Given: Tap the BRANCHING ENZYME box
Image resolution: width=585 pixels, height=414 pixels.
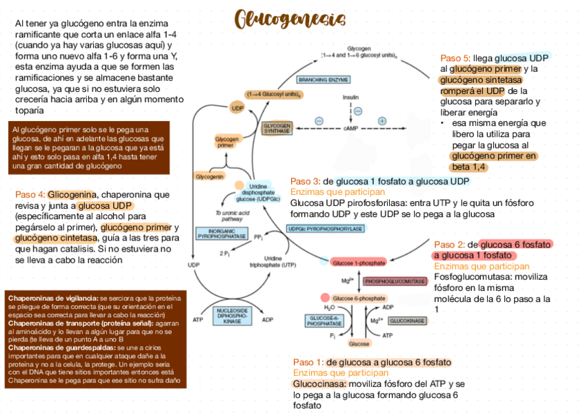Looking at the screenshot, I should point(324,79).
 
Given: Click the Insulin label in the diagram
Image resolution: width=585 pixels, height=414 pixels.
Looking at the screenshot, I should point(351,97).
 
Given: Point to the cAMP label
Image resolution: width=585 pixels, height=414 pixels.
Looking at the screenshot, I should point(351,128).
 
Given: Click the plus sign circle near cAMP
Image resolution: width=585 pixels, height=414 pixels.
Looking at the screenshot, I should point(382,121).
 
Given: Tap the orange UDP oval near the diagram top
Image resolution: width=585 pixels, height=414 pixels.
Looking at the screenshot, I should point(238,108).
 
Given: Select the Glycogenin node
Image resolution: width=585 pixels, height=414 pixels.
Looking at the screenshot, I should point(210,176).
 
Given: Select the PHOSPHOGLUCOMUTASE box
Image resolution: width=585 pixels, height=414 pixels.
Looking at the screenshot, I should point(395,281).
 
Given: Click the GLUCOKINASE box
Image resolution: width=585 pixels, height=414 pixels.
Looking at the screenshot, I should point(408,321).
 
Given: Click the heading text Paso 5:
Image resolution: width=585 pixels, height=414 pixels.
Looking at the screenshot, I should point(455,58).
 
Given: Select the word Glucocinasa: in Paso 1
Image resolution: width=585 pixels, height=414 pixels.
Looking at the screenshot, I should point(320,384).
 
